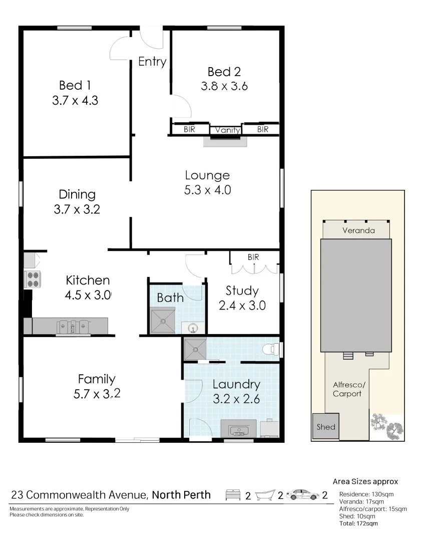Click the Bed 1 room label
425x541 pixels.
click(75, 85)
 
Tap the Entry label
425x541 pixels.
click(152, 62)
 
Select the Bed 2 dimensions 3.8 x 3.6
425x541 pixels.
click(224, 86)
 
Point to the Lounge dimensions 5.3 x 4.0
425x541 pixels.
click(207, 190)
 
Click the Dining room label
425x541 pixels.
click(77, 194)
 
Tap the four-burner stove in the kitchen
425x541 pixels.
click(33, 279)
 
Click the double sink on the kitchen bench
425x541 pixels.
click(73, 327)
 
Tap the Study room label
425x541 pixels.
click(242, 291)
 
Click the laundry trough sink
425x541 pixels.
click(238, 429)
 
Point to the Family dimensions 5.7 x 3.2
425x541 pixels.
click(97, 394)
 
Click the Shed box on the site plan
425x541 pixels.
click(326, 427)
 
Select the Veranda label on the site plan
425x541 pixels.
click(355, 231)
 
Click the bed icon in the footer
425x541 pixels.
click(233, 495)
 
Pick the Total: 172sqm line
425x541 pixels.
click(358, 523)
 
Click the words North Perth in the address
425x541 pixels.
click(181, 495)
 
